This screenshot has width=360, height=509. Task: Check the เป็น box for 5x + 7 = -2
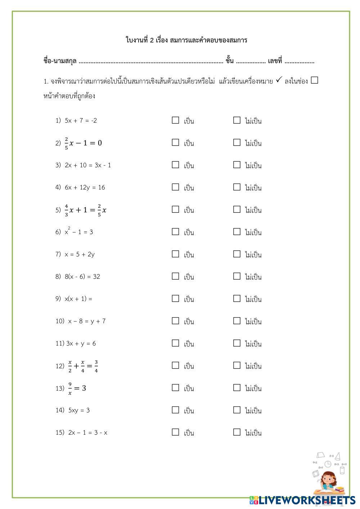(175, 120)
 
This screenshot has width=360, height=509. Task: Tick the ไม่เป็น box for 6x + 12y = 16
(237, 187)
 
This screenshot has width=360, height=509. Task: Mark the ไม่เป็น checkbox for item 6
(237, 232)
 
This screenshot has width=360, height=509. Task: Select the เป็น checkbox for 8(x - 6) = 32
(175, 276)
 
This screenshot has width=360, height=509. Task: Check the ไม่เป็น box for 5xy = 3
(237, 410)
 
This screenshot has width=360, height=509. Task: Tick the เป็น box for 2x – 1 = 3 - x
(175, 432)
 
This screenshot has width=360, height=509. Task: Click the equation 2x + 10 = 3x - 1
(88, 165)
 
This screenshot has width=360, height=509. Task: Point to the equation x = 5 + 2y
(80, 254)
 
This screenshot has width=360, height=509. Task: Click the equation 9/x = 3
(77, 388)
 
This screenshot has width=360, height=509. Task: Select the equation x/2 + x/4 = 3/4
(83, 366)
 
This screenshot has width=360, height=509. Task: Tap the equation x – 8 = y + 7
(87, 321)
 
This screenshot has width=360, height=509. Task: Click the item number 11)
(60, 343)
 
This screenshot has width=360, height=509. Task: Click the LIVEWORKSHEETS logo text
(306, 500)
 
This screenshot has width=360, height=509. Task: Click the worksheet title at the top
(186, 40)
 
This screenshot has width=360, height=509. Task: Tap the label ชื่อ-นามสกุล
(60, 61)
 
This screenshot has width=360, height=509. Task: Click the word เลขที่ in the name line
(275, 61)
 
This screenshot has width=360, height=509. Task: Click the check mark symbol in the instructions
(279, 81)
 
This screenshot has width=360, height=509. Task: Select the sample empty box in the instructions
(314, 80)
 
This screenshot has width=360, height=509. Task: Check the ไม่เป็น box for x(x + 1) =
(237, 299)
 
